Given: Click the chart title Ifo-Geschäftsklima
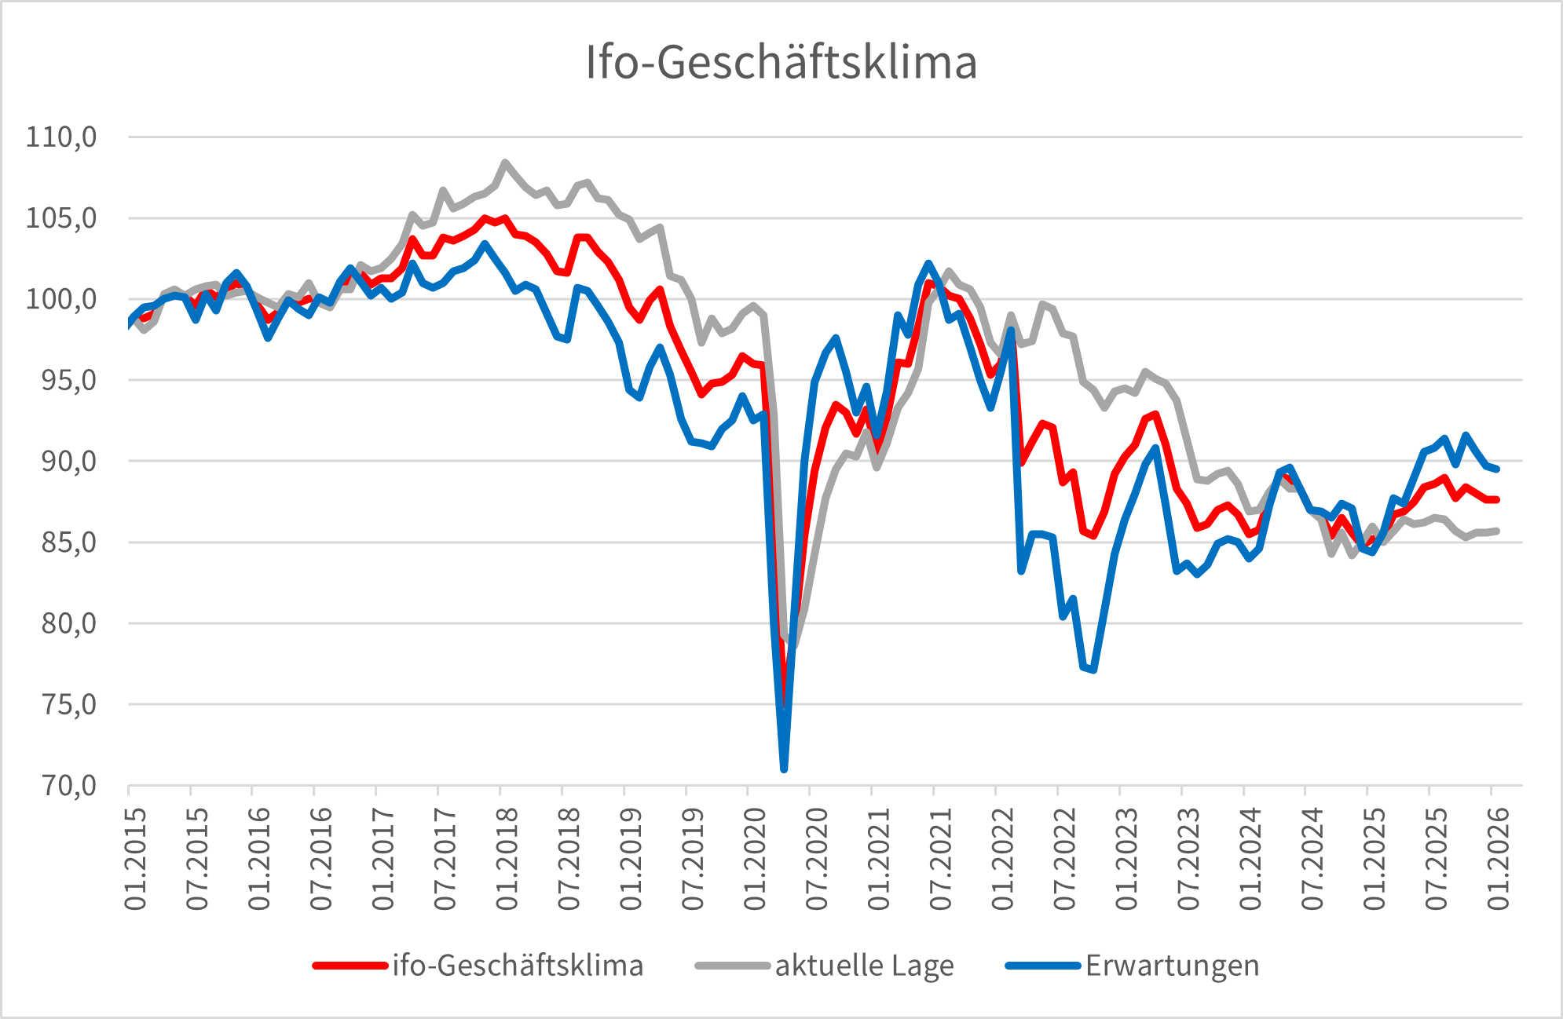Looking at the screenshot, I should click(x=781, y=63).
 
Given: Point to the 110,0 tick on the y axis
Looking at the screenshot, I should click(x=61, y=137).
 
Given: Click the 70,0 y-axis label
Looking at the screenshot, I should click(x=61, y=785).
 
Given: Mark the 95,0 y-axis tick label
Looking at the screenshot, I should click(x=61, y=381).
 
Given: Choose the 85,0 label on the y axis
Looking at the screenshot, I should click(x=61, y=542).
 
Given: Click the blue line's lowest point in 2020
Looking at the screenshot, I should click(x=784, y=769).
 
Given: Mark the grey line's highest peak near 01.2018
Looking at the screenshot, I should click(x=505, y=163).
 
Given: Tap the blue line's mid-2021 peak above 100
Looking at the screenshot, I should click(x=928, y=264).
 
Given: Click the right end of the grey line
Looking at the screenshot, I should click(x=1497, y=531).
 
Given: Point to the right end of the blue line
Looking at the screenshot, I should click(x=1497, y=469).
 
